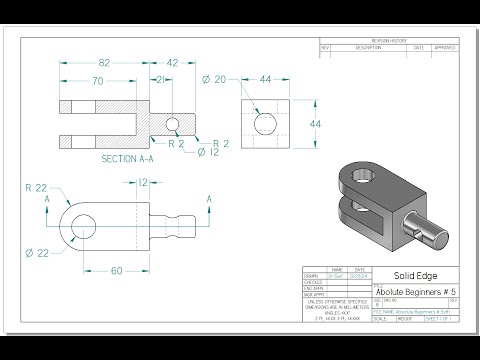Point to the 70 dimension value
(x=98, y=81)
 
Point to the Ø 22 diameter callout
(x=36, y=253)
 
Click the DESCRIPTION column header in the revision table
(x=368, y=47)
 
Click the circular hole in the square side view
(x=265, y=123)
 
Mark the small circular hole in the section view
(x=172, y=125)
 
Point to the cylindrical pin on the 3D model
(x=429, y=236)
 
